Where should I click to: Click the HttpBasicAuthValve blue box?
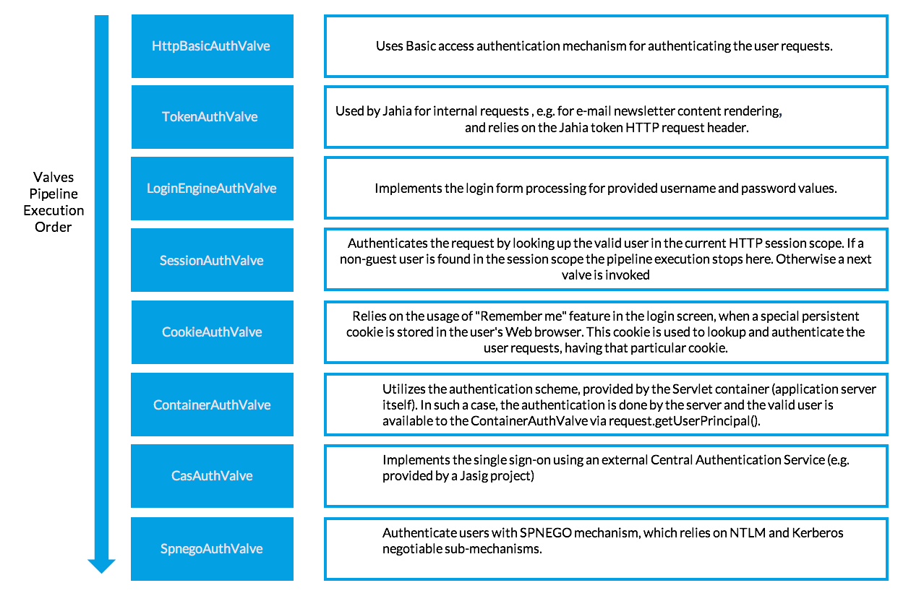click(x=212, y=46)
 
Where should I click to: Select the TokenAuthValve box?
click(x=212, y=117)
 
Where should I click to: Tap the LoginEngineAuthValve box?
click(x=212, y=189)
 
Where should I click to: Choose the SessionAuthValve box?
click(x=212, y=260)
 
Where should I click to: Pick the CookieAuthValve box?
click(x=212, y=332)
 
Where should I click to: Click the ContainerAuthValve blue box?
click(x=212, y=405)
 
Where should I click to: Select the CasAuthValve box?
click(x=212, y=476)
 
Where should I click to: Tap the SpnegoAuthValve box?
click(x=212, y=549)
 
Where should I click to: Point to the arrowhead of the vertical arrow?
click(x=101, y=565)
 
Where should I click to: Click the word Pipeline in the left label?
click(x=54, y=194)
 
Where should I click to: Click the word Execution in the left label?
click(x=54, y=210)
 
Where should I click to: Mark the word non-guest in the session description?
click(x=368, y=259)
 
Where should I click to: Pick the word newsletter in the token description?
click(x=662, y=111)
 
